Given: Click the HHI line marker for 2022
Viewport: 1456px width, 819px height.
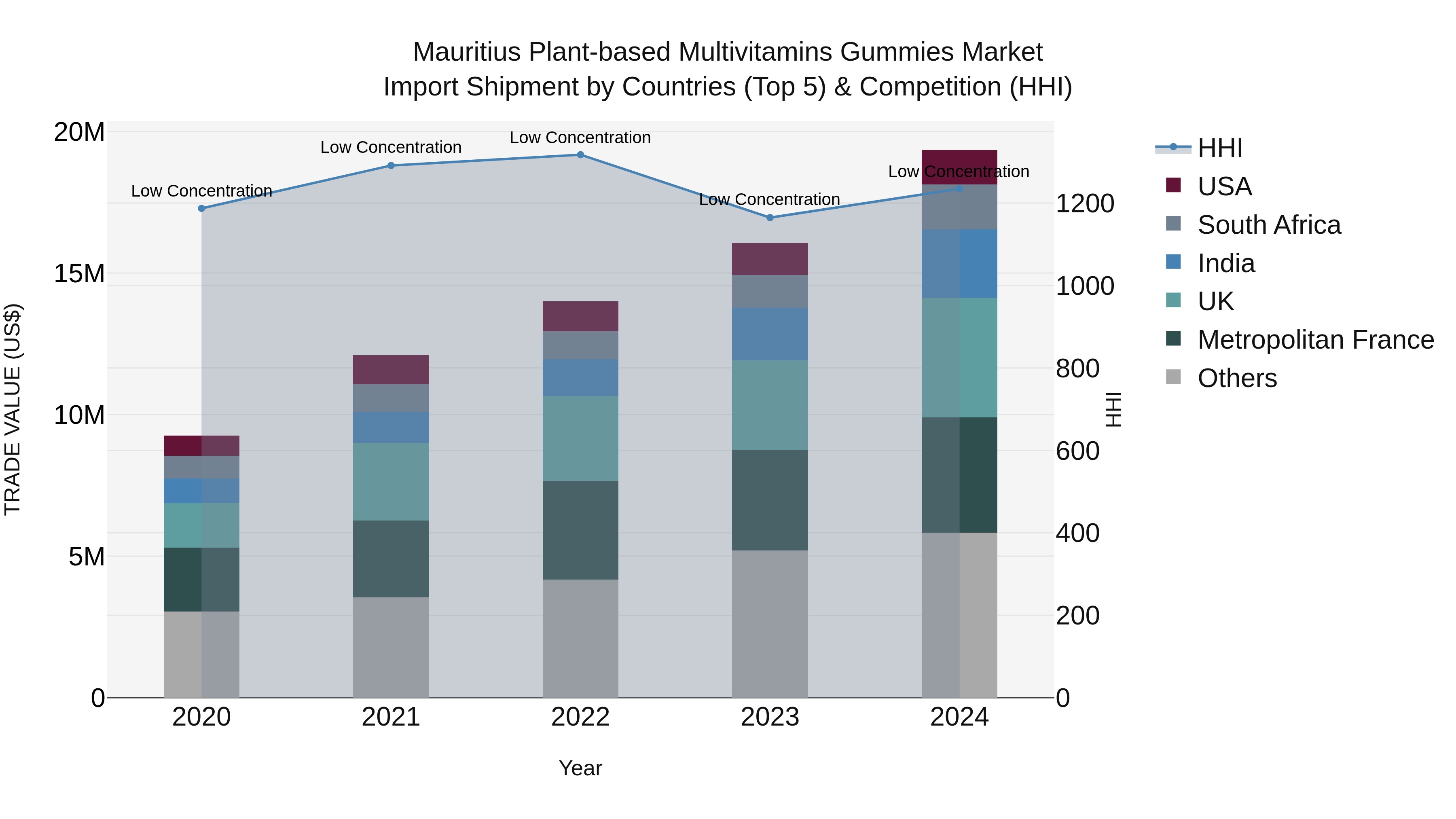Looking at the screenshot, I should click(x=580, y=154).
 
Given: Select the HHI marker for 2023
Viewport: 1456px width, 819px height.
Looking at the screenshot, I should click(x=769, y=218).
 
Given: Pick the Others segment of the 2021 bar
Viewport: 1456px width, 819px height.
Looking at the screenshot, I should click(x=391, y=647).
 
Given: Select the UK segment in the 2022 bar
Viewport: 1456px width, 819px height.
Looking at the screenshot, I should click(x=580, y=438).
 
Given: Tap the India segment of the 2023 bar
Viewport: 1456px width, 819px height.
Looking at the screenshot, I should click(x=769, y=334).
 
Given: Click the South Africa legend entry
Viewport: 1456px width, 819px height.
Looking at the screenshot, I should click(x=1268, y=225).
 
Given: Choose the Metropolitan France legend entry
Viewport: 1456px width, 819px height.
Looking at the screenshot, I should click(x=1315, y=340).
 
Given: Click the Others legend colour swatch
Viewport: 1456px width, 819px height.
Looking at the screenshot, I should click(x=1173, y=377).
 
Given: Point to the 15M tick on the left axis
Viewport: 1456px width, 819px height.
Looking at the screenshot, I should click(x=79, y=273).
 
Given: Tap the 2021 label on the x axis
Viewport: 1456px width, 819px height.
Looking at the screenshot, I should click(x=391, y=717).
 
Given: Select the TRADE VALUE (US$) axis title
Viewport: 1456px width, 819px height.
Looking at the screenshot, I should click(x=13, y=409).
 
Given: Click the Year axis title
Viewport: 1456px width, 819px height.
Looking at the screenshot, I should click(x=580, y=768).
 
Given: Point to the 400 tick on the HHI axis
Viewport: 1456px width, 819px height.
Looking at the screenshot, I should click(x=1077, y=533).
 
